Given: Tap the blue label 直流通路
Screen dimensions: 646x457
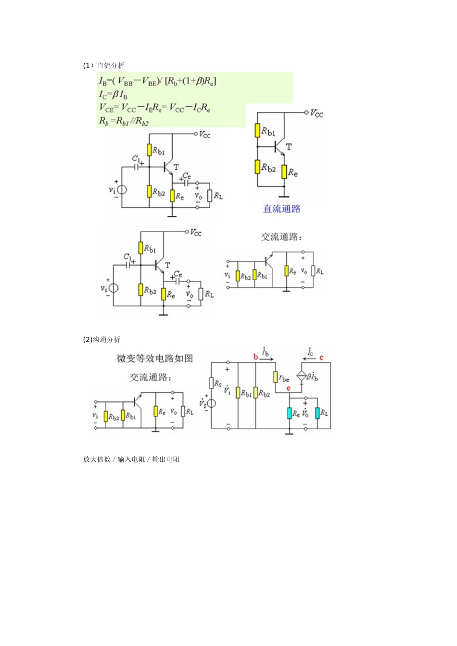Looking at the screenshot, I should (281, 209).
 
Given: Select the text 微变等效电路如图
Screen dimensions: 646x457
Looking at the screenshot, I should (154, 359).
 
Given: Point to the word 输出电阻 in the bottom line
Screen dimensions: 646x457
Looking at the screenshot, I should (166, 460).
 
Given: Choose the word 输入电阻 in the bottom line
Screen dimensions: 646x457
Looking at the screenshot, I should (131, 460).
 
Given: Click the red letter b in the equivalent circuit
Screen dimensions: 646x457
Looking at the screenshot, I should (255, 357).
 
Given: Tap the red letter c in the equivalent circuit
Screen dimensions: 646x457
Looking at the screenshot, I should (321, 357).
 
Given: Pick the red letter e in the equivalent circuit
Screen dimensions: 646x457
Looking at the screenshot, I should (289, 388).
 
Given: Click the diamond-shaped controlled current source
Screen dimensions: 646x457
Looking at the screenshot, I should (302, 376).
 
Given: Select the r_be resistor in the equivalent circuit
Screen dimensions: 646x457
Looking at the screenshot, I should (276, 377).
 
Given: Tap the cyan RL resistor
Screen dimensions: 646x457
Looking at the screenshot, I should (317, 413).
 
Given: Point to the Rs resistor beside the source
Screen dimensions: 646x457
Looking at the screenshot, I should (211, 383).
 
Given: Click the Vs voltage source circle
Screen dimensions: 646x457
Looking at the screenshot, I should (211, 403).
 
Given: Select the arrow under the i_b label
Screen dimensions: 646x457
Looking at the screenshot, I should (266, 359).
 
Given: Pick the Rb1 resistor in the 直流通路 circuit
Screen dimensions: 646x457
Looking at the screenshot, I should (258, 131).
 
